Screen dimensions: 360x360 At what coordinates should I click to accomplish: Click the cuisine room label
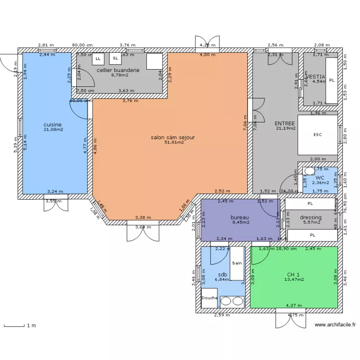53,124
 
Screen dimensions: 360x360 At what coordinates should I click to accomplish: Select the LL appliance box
98,59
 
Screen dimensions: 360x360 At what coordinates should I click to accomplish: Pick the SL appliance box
115,59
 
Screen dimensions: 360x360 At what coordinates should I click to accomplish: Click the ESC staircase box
317,135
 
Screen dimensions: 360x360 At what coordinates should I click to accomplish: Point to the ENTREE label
284,123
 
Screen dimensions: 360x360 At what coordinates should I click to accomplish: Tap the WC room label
320,178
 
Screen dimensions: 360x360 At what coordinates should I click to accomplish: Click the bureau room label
240,217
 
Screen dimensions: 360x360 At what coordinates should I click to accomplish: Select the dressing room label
311,217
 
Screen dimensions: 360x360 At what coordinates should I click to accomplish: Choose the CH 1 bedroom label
294,274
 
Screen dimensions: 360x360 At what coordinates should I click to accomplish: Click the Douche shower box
209,298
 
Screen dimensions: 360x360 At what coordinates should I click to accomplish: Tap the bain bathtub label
237,263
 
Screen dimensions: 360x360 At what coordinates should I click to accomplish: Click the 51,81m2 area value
174,143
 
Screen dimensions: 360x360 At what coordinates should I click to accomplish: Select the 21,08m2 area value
53,130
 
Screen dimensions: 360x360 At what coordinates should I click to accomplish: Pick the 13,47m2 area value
294,279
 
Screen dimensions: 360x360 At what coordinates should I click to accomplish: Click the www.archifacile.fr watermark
336,325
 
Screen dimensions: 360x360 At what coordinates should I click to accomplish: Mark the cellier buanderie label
118,70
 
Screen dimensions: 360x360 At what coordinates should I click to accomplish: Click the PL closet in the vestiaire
332,80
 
